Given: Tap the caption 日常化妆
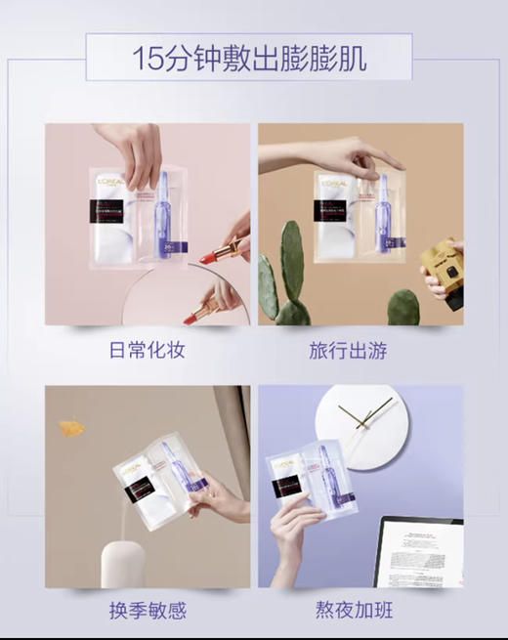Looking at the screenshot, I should coord(147,350).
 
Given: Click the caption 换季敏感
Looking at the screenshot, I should coord(147,611).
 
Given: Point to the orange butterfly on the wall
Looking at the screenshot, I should coord(71,427).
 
